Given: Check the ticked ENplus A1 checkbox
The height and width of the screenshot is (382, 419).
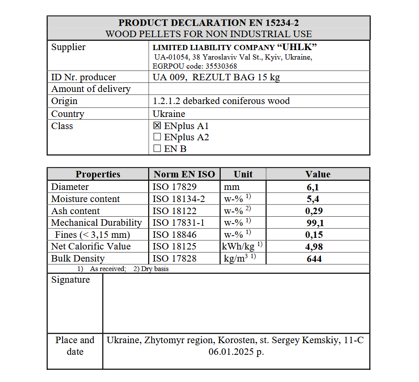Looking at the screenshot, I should (x=157, y=126).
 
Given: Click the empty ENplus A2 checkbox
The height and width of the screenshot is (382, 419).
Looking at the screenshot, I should (x=157, y=137).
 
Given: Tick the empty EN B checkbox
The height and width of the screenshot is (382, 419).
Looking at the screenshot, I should (x=157, y=148).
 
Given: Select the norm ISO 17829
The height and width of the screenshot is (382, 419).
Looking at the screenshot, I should (x=175, y=187).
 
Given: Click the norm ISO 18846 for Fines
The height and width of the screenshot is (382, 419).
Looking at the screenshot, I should (x=175, y=235).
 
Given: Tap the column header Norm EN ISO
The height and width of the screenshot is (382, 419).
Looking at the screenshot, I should (x=184, y=174).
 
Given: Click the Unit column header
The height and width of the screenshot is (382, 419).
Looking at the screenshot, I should (x=243, y=174).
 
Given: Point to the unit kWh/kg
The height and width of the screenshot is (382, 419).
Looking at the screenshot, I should (x=238, y=246).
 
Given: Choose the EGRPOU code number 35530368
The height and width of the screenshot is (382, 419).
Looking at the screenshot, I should (x=219, y=66).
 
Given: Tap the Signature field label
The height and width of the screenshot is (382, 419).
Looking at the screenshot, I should (x=70, y=280).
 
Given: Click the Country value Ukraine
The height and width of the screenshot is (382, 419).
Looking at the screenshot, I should (x=169, y=114).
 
